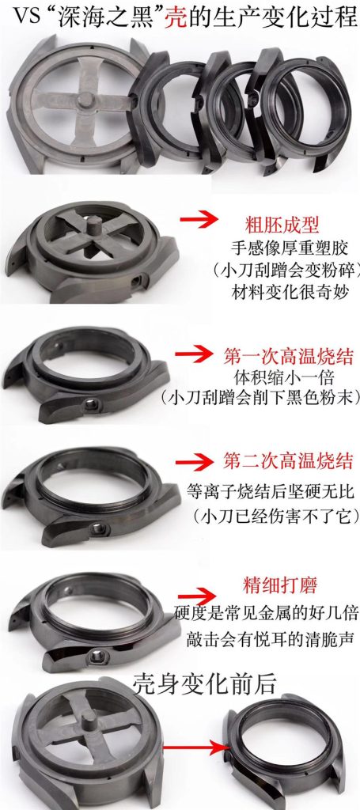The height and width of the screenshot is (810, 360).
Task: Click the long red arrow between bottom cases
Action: [x=191, y=746]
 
